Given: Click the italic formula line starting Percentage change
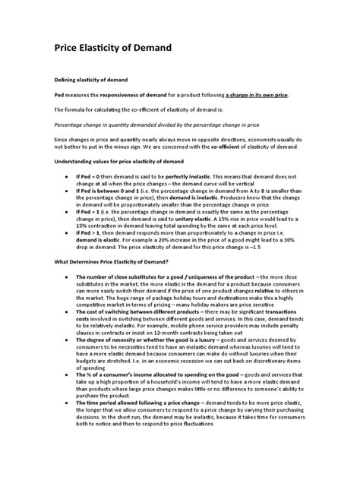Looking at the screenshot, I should coord(159,125).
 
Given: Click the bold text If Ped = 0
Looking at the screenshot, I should coord(92,175).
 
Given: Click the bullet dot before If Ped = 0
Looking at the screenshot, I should coord(69,175).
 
